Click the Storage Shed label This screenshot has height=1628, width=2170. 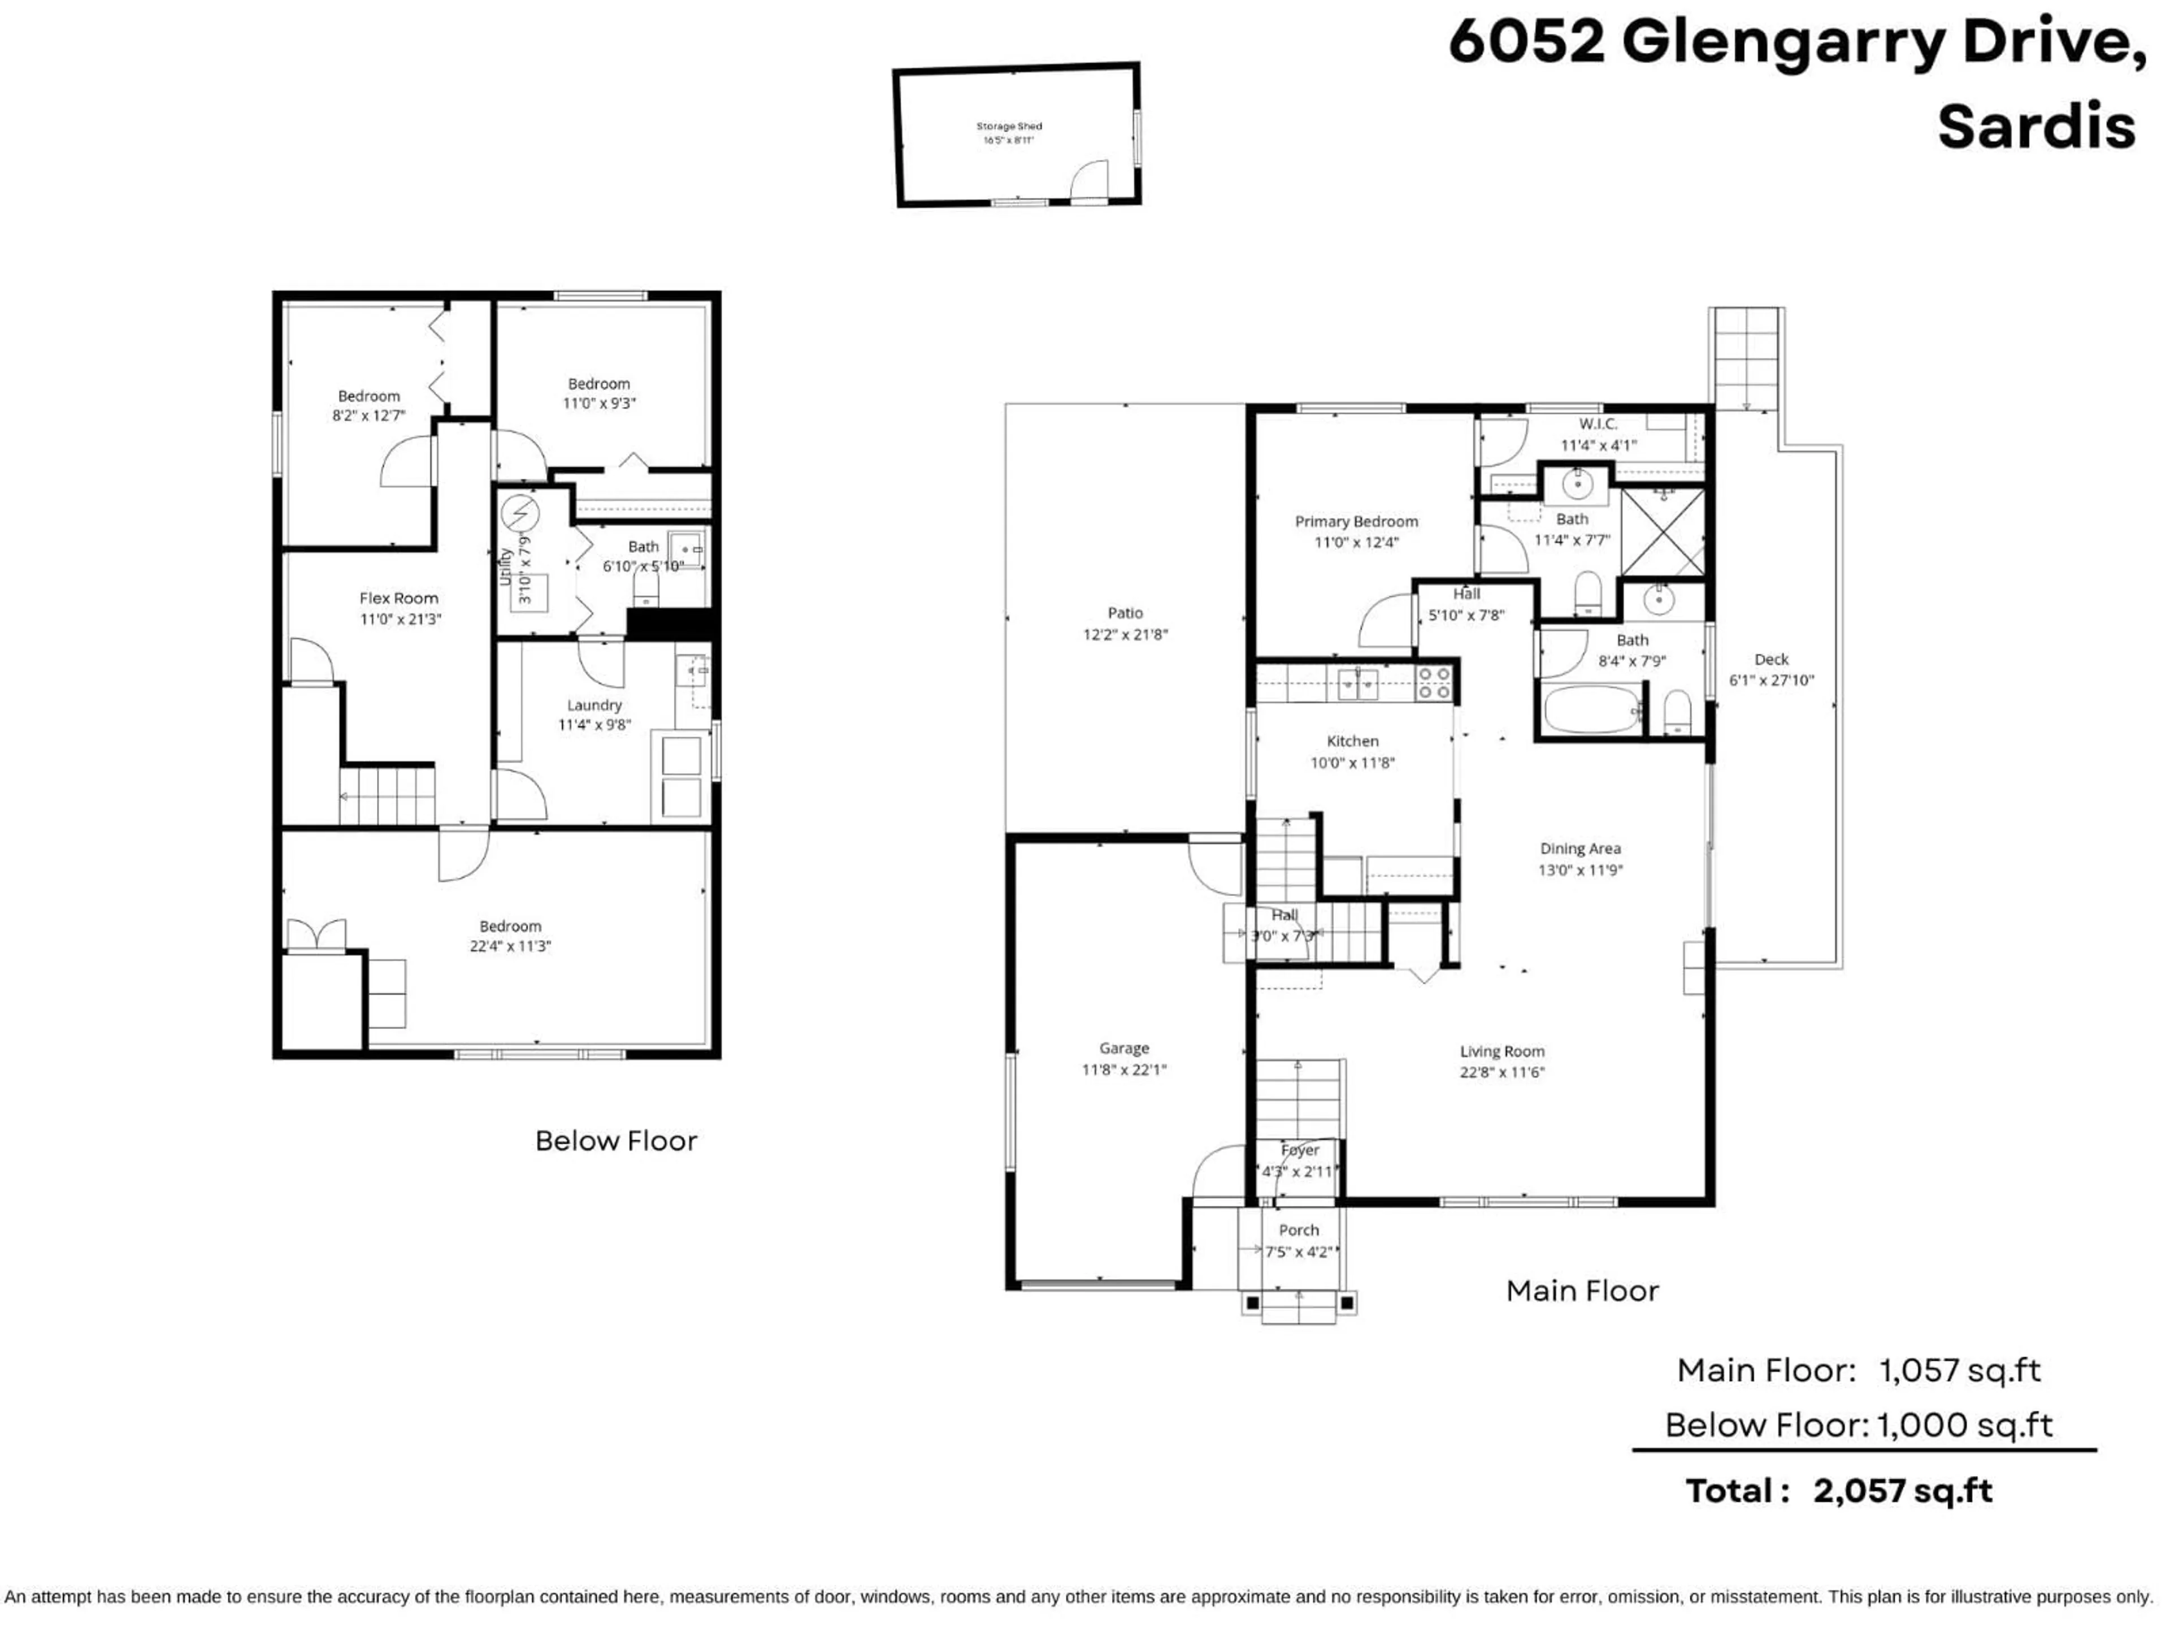click(1009, 125)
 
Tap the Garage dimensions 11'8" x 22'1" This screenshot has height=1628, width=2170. click(1123, 1070)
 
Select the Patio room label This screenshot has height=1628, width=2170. click(1125, 612)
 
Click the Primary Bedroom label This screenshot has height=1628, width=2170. click(1356, 521)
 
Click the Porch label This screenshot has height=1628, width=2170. click(1298, 1229)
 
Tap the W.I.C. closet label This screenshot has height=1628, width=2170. click(1598, 424)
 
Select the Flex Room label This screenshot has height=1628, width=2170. click(398, 597)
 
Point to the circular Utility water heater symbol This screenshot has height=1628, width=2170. click(520, 513)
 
